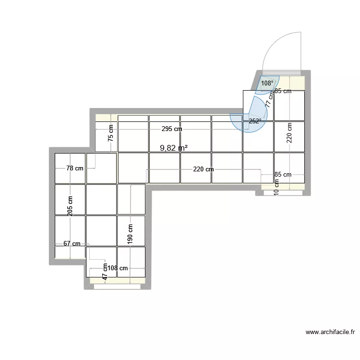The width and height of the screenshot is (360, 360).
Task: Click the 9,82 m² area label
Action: [173, 148]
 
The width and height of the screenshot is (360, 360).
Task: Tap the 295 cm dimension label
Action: [171, 129]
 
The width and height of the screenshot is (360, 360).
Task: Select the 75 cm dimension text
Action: [111, 132]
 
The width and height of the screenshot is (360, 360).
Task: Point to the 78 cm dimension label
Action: [74, 168]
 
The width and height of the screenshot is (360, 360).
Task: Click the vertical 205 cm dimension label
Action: [71, 207]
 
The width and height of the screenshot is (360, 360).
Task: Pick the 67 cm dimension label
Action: [72, 244]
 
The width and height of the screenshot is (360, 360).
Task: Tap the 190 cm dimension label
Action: [131, 234]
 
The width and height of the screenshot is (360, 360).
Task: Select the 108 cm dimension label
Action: [117, 268]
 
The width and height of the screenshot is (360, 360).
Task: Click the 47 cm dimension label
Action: [105, 271]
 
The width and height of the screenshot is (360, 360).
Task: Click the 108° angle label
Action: [267, 83]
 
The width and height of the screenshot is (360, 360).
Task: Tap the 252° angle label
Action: [255, 121]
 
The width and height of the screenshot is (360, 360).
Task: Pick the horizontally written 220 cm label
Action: [204, 169]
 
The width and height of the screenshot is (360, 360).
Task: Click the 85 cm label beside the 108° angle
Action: [283, 91]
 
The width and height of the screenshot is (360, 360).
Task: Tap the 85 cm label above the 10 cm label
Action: [283, 175]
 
